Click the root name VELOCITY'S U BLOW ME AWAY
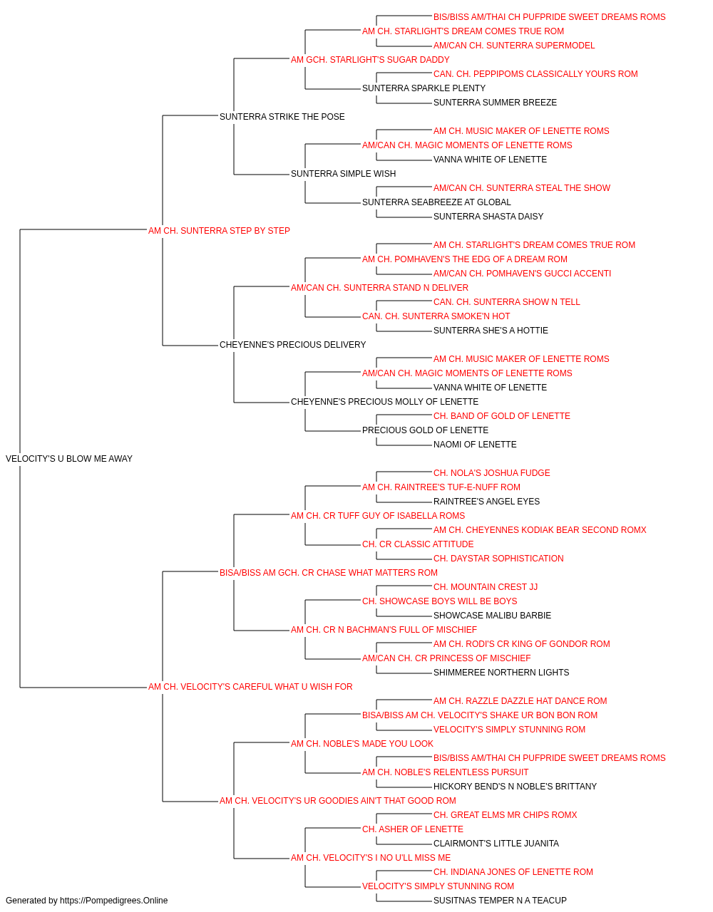point(69,459)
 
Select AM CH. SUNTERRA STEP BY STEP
point(219,231)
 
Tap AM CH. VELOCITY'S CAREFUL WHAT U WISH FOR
point(250,687)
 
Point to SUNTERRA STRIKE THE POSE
point(282,117)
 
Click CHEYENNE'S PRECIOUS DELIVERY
point(292,345)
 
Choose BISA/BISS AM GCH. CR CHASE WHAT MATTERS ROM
point(329,573)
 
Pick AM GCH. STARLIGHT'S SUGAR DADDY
point(370,60)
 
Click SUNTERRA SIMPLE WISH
point(343,174)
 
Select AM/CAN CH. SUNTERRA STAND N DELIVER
point(379,288)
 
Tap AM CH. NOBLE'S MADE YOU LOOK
point(362,744)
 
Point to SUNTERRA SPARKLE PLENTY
point(424,88)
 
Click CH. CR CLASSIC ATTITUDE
point(418,544)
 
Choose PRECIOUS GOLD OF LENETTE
point(426,430)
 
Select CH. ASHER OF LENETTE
point(413,829)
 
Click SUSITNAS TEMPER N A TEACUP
point(500,901)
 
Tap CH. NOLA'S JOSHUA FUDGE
point(492,473)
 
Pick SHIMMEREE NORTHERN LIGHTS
point(501,673)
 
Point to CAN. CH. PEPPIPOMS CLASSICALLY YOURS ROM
point(535,74)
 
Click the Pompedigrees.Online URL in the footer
point(113,901)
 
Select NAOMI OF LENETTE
point(475,445)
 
